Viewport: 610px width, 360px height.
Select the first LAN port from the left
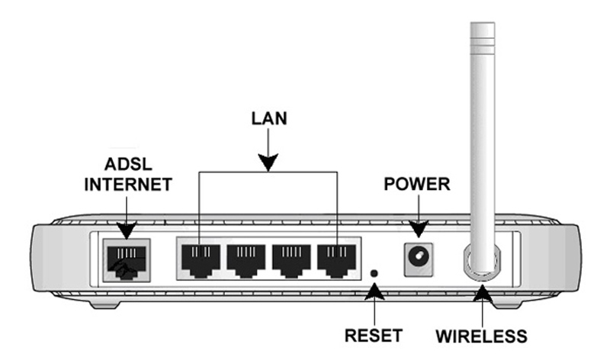click(x=198, y=259)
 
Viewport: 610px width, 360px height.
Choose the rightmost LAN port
click(x=337, y=259)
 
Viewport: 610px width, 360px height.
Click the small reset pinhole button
click(x=374, y=272)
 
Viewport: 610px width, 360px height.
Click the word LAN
click(x=268, y=120)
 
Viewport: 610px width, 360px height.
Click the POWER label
click(x=417, y=185)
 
